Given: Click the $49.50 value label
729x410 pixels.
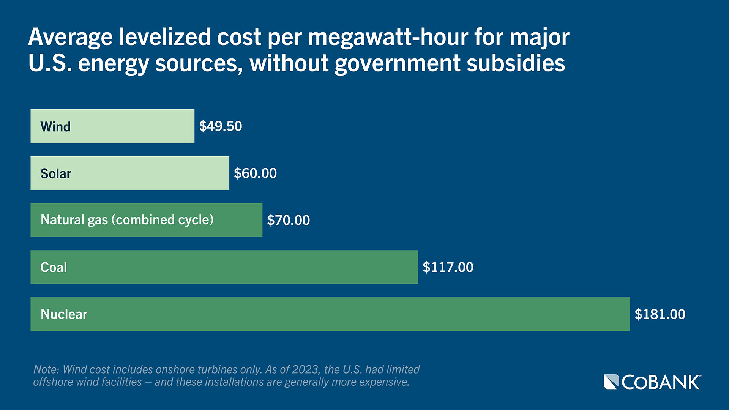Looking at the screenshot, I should coord(221,126).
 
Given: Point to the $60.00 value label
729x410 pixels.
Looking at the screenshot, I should coord(255,173).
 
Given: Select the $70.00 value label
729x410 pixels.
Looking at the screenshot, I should coord(288,220).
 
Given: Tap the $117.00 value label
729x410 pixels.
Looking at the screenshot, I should coord(448,267).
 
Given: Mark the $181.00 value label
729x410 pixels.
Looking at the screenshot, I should coord(660,314).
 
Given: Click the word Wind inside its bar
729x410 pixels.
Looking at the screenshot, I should coord(55,127).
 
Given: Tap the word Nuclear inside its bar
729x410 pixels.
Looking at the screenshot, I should coord(64,314).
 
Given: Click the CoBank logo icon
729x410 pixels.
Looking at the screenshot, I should coord(611,382).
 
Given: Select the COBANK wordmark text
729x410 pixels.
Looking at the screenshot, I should coord(661,382).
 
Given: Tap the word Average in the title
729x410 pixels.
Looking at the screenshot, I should coord(70,38).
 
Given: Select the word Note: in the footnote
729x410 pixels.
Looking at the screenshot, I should coord(46,369).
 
